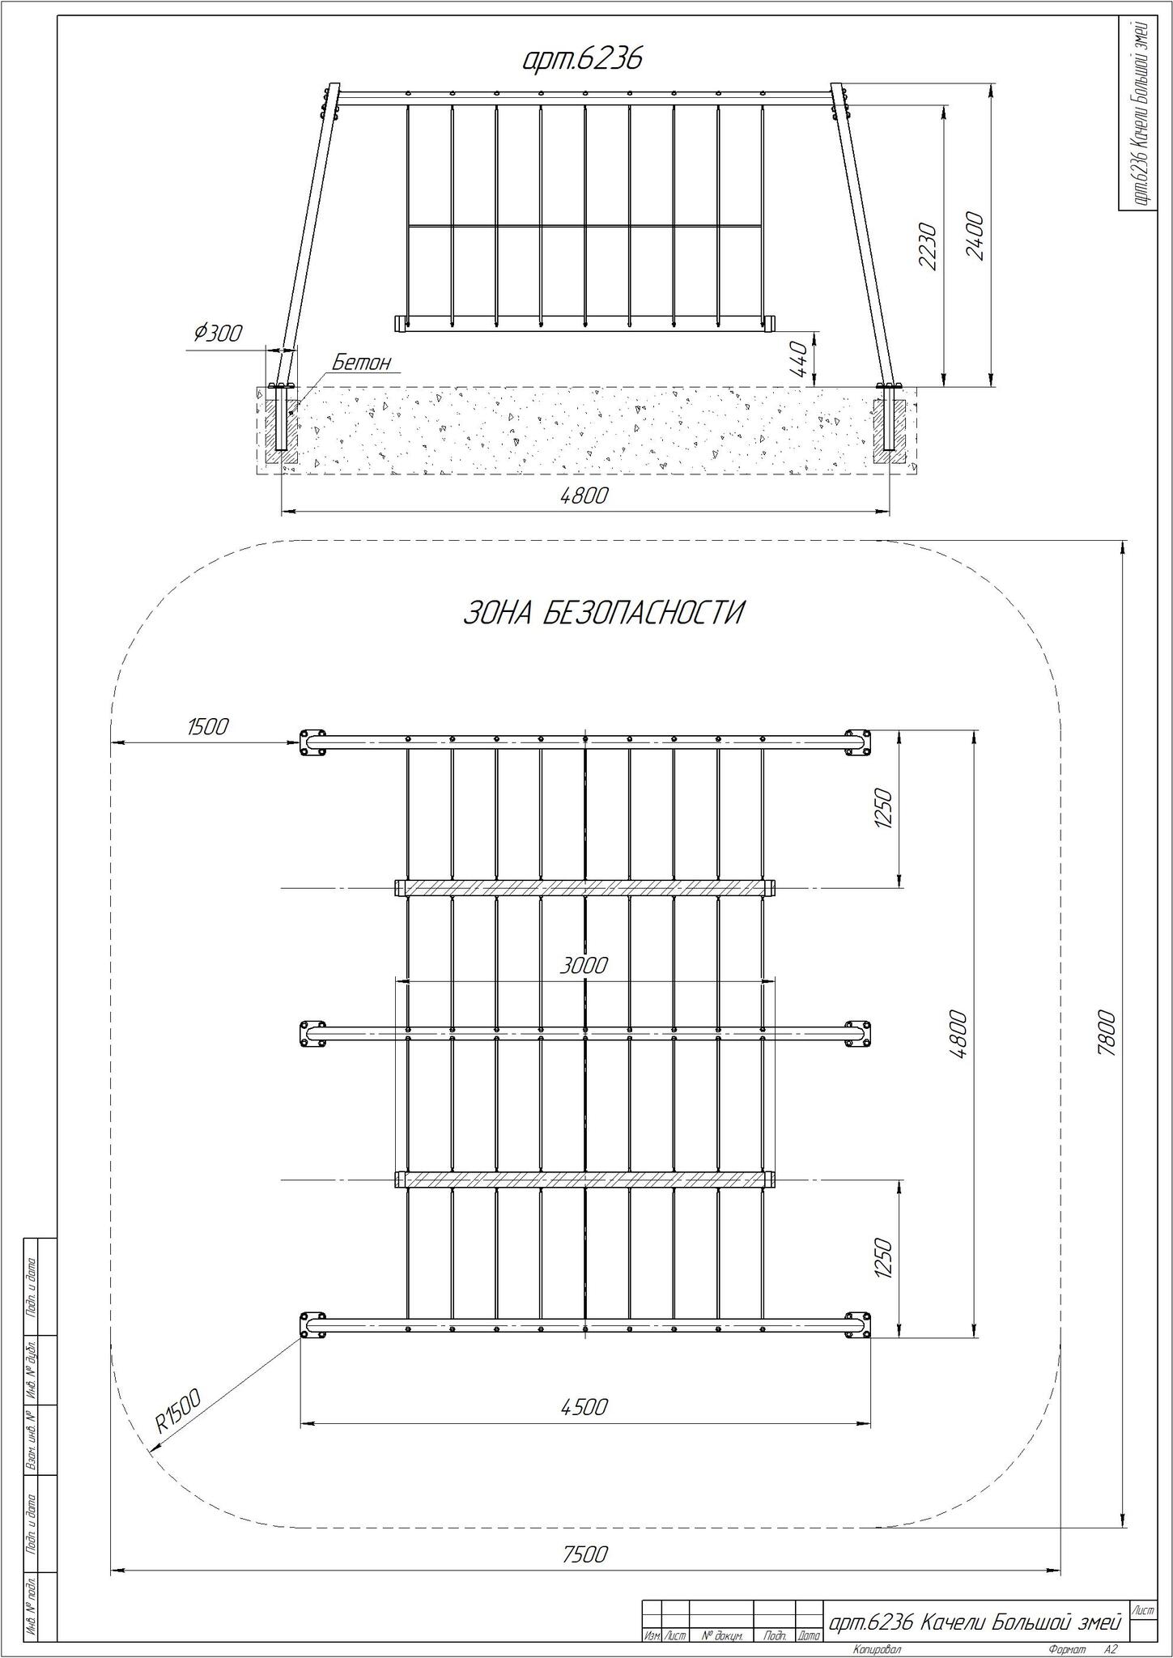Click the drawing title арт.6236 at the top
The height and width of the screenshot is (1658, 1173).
point(582,59)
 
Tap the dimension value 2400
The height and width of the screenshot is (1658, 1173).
point(974,236)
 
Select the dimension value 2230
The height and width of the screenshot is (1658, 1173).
point(928,246)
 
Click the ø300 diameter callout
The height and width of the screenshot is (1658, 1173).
point(216,333)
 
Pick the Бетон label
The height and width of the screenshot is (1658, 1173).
point(361,362)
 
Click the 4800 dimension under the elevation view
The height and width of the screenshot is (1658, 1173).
point(584,495)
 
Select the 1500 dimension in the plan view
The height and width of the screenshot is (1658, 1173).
point(208,726)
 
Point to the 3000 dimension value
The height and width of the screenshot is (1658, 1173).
point(584,965)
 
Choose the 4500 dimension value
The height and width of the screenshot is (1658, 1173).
point(584,1407)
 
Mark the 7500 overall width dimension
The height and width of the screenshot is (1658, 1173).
point(584,1554)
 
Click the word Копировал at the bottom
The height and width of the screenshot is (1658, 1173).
point(877,1648)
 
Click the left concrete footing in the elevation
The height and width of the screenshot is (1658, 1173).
point(280,425)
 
